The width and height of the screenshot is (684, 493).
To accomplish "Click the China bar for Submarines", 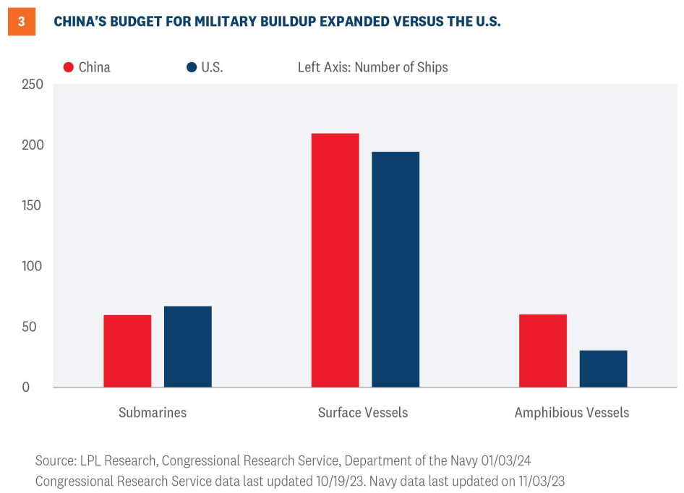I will (127, 351).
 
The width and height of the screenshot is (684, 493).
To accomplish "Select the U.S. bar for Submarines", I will (188, 346).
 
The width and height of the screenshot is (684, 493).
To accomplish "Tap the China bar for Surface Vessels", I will (335, 260).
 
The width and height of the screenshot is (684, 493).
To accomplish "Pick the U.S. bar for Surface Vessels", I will (396, 269).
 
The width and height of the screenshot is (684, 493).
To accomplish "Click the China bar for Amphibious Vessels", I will (543, 351).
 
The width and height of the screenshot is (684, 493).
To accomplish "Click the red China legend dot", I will (69, 67).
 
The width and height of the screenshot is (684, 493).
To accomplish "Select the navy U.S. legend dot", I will (192, 67).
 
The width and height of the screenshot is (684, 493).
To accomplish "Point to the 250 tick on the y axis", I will (33, 85).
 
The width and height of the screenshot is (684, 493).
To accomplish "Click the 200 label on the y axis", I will (33, 145).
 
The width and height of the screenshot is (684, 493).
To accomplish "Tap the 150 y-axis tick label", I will (33, 205).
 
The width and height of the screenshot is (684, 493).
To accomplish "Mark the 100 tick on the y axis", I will (33, 266).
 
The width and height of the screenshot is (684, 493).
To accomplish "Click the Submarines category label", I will (153, 413).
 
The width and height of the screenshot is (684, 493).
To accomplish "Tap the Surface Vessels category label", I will (363, 413).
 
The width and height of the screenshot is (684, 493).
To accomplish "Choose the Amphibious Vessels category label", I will (572, 413).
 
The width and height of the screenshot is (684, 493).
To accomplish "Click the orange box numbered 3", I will (22, 22).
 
